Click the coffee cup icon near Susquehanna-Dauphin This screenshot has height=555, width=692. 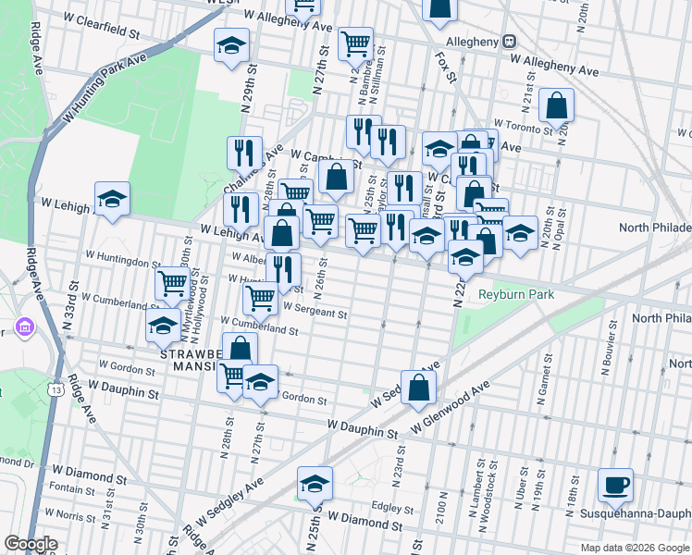pos(615,485)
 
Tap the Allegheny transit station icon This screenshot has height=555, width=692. pos(509,42)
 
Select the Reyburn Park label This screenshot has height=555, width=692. pos(508,295)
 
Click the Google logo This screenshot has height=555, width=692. pos(31,544)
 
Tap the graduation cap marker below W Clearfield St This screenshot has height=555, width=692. pos(231,46)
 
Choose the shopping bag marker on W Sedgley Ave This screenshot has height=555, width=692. pos(419,388)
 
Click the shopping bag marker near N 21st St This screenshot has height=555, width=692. pos(557,106)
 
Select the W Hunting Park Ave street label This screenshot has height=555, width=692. pos(105,90)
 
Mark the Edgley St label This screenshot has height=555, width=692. pos(391,508)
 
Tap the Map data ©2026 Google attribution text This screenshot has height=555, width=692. pos(634,548)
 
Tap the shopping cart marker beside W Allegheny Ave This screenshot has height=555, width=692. pos(354,43)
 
